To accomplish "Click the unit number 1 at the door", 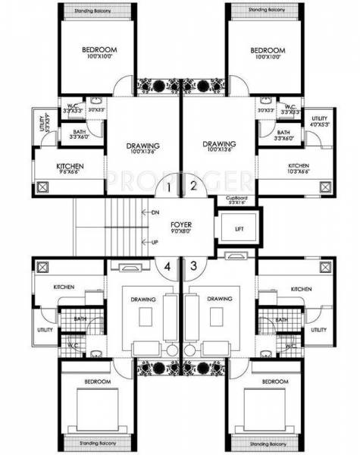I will [168, 185].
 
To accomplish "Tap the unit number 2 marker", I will [193, 185].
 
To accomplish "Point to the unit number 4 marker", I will [168, 265].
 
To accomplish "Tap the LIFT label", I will [238, 227].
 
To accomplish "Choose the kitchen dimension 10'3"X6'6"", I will [298, 173].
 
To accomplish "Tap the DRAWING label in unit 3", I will [219, 300].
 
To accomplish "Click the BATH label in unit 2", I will [282, 133].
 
